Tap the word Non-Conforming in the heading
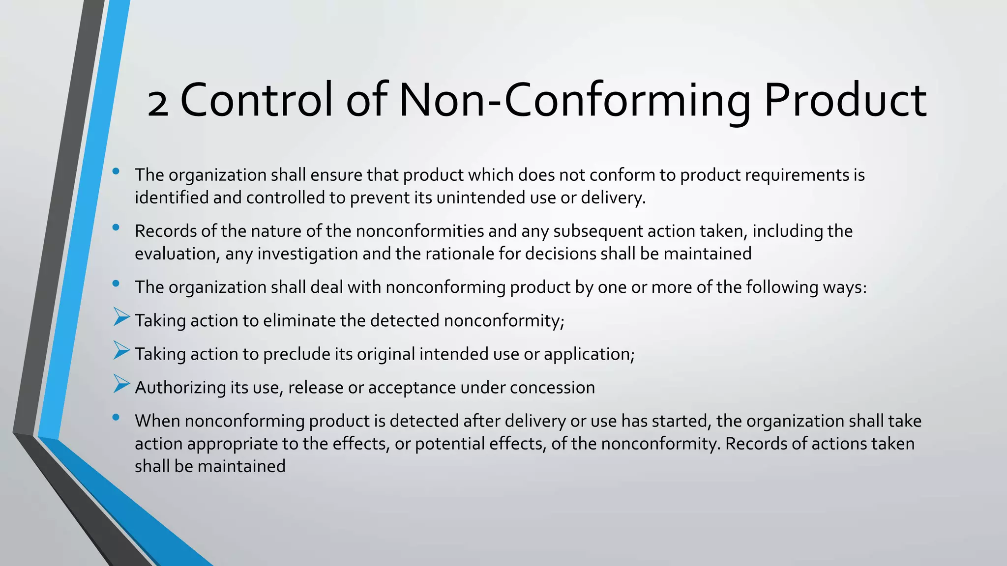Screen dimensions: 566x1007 (574, 101)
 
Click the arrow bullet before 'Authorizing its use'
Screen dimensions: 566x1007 (121, 384)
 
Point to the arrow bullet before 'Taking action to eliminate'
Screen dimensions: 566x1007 (121, 317)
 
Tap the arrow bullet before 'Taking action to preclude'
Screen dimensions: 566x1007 (121, 350)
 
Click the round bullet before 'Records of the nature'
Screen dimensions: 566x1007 (116, 227)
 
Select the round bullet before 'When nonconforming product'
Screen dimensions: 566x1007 (116, 417)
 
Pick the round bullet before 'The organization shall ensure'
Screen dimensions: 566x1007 (116, 171)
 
